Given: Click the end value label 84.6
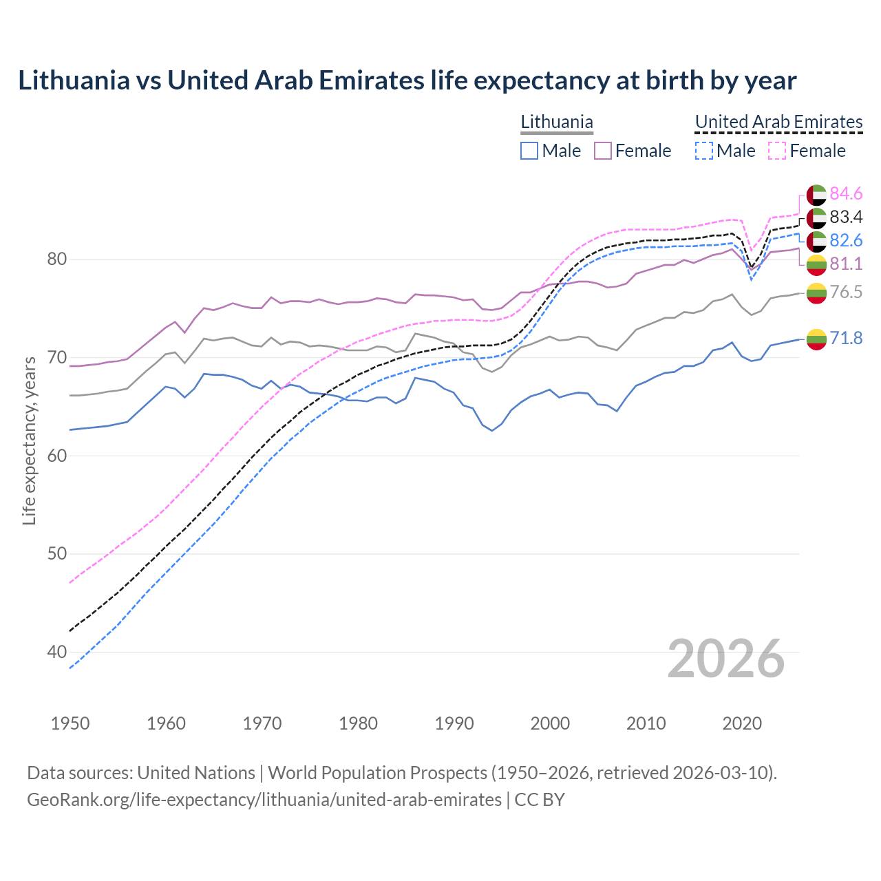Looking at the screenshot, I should click(x=846, y=194).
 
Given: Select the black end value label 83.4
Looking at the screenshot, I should click(x=846, y=217).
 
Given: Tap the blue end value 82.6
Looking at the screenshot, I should click(x=846, y=241).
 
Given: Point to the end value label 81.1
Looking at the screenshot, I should click(x=846, y=264).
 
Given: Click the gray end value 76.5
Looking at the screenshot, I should click(x=846, y=293).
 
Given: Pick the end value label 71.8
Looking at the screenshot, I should click(x=846, y=339).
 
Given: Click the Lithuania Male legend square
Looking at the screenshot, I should click(x=529, y=151).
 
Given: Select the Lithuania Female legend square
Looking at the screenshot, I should click(x=603, y=151).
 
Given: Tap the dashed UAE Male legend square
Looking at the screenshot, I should click(x=704, y=151).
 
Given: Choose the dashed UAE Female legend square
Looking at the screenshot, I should click(x=778, y=151).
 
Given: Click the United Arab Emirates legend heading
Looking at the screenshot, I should click(x=778, y=123).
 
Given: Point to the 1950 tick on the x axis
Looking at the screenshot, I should click(x=70, y=723).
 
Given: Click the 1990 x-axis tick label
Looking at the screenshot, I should click(x=454, y=723).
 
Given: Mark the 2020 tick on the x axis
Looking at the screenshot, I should click(x=742, y=723).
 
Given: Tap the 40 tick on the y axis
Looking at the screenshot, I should click(x=56, y=652).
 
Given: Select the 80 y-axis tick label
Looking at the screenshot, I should click(x=56, y=259).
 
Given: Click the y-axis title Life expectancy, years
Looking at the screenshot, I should click(x=30, y=440).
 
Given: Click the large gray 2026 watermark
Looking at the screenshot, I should click(x=726, y=659).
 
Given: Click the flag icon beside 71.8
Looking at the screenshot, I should click(x=816, y=339).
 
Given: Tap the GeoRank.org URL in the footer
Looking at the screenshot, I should click(x=264, y=800).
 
